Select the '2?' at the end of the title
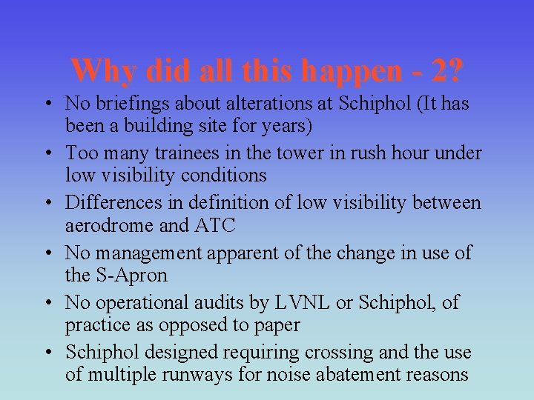[x=447, y=71]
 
